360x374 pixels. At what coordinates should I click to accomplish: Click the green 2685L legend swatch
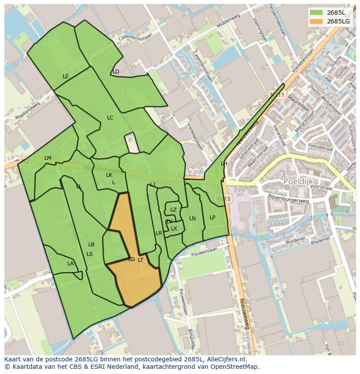click(316, 12)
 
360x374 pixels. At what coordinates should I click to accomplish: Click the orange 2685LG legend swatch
click(316, 21)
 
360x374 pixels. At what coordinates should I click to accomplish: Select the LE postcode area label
click(66, 76)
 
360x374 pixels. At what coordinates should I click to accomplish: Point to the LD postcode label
click(116, 72)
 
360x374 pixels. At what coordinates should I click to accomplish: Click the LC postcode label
click(110, 118)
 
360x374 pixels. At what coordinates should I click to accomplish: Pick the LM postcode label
click(48, 158)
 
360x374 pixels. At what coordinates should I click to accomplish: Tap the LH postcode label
click(224, 164)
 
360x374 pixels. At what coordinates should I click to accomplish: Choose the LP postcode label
click(212, 218)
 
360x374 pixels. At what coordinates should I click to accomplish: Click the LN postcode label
click(192, 218)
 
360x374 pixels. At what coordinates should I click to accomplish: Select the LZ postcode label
click(173, 210)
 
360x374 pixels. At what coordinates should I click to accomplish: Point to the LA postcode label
click(70, 264)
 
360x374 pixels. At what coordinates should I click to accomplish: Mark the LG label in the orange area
click(131, 259)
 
